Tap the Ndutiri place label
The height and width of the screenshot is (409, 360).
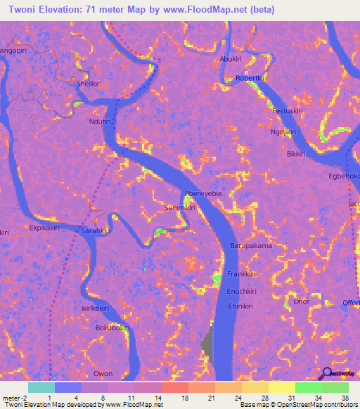(x=101, y=121)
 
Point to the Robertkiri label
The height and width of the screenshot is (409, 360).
(x=252, y=78)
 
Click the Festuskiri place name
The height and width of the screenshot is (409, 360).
(x=287, y=111)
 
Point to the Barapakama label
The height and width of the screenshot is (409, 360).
(x=251, y=246)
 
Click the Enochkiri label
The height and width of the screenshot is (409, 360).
(x=242, y=290)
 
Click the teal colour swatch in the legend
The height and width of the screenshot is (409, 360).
(x=41, y=387)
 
